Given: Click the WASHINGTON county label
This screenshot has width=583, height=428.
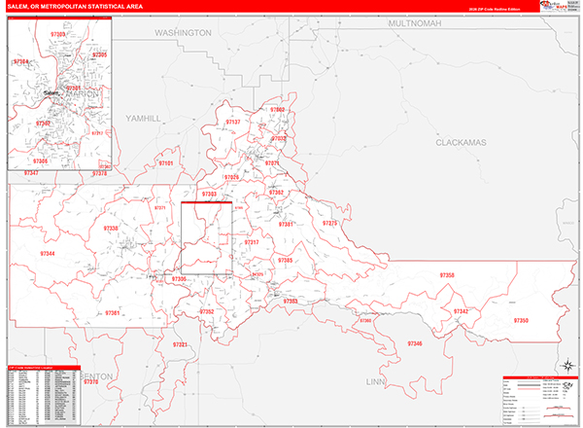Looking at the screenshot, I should pos(183,32).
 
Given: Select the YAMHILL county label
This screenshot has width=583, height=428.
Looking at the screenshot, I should pos(143,118).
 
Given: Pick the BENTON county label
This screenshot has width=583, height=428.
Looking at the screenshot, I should pos(97,375).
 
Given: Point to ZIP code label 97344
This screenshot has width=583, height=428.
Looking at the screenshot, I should pos(48,253).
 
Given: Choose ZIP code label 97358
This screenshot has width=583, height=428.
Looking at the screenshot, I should pos(446,276).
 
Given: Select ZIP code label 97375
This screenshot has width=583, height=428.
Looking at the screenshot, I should pos(330,224).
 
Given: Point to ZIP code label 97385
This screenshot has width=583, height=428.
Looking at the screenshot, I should pos(285,260).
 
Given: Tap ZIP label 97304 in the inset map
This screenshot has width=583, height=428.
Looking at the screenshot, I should pos(21,61).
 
